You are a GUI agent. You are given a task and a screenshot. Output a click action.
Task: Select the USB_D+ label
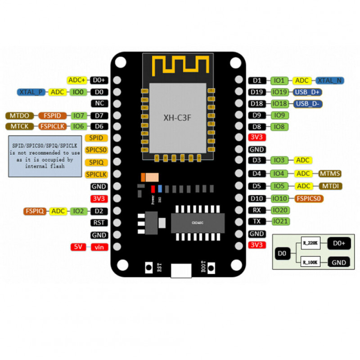coord(307,92)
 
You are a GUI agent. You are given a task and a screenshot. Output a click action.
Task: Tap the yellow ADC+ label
coord(77,80)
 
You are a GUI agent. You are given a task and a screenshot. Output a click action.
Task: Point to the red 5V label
coord(78,247)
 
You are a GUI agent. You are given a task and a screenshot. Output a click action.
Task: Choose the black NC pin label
coord(99,103)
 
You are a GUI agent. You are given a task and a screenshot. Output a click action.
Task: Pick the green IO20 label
coord(279,210)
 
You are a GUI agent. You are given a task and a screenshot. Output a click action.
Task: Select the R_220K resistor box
coord(310,243)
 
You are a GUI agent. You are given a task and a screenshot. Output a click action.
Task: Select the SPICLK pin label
coord(96,174)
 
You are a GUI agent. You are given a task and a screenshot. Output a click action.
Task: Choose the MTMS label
coord(330,173)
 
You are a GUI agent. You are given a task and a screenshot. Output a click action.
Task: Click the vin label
coord(99,247)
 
